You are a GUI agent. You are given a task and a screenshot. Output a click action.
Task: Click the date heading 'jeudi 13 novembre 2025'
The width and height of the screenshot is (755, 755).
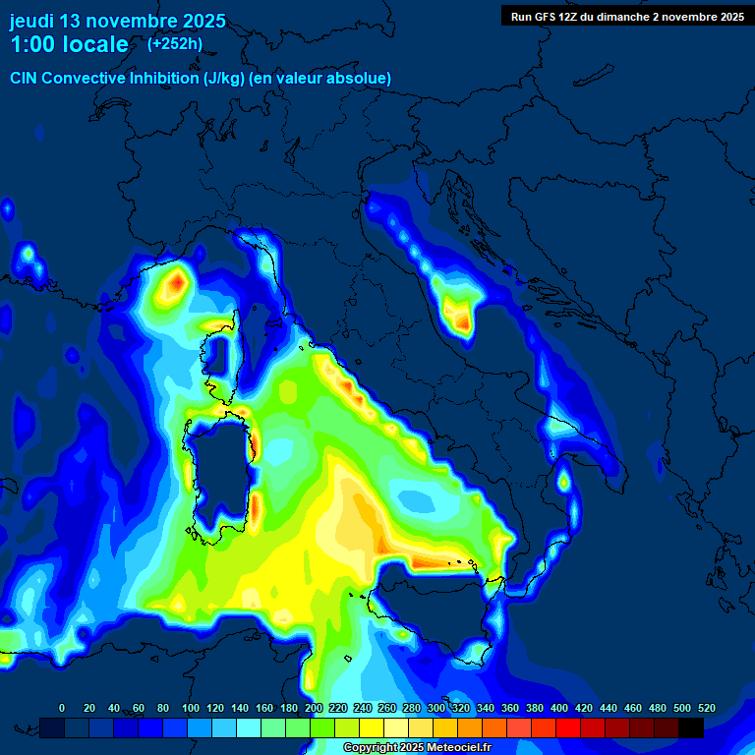coord(118,21)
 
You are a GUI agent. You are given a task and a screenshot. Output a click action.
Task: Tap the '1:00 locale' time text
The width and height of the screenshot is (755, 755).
coord(69,44)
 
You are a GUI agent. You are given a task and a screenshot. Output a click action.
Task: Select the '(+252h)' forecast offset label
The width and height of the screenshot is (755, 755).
coord(175,43)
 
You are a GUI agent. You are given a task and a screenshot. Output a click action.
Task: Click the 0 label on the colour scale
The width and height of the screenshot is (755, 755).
coord(62,708)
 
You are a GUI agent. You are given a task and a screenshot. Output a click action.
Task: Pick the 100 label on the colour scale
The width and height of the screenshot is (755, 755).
coord(190,708)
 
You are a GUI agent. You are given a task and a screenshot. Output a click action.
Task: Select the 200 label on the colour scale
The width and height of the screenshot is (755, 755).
coord(314,708)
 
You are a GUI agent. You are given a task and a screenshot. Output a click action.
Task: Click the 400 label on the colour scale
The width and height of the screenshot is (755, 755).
coord(559,708)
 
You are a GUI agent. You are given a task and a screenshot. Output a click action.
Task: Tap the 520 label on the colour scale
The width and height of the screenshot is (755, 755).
coord(706,708)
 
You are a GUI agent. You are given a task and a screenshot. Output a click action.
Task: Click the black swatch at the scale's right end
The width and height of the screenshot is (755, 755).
coord(691,727)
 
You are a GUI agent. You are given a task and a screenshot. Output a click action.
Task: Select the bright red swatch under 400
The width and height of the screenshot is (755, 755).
coord(568,727)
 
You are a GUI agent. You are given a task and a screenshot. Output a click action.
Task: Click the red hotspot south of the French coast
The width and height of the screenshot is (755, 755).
coord(175,284)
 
